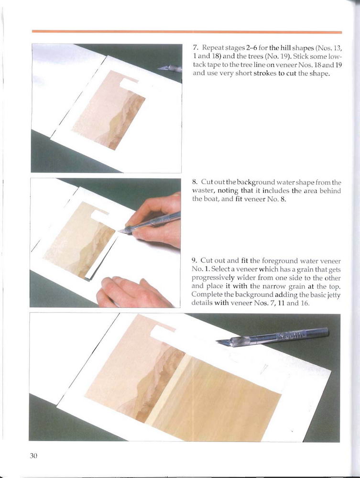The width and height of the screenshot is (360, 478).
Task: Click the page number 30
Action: [x=33, y=456]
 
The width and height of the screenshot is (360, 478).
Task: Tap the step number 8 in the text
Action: [x=195, y=182]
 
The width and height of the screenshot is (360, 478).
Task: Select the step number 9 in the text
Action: [x=195, y=261]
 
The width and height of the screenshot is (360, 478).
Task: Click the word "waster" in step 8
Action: [x=202, y=191]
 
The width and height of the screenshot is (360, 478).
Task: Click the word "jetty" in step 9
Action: [x=333, y=295]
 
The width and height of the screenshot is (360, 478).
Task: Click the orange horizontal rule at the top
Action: [x=187, y=32]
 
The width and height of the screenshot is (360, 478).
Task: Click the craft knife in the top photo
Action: [x=170, y=68]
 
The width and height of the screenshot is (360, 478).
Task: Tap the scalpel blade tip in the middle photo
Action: [x=120, y=232]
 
